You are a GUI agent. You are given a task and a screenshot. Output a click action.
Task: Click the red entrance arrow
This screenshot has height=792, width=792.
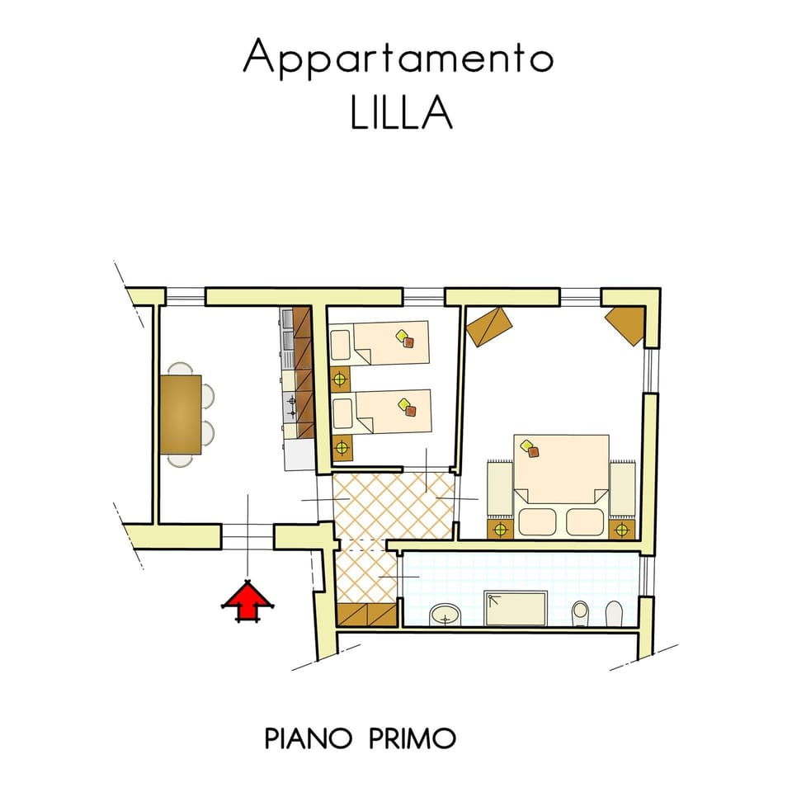point(247,601)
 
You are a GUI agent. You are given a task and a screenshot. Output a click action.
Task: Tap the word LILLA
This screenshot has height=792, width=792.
point(401,113)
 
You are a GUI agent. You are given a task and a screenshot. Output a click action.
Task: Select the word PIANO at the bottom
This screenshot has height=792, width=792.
point(308,738)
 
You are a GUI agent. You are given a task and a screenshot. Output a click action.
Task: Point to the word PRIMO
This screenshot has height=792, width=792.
point(412,738)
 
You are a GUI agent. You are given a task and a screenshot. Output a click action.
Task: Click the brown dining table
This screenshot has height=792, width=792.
point(181,414)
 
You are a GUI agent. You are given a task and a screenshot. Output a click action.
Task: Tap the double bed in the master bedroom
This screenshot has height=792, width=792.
point(561,485)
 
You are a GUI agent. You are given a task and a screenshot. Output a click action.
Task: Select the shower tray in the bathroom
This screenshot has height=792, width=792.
point(516,608)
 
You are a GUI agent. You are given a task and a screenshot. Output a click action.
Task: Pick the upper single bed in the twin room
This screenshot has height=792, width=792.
point(379,342)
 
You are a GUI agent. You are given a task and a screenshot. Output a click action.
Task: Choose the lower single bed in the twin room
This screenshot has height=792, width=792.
point(381,411)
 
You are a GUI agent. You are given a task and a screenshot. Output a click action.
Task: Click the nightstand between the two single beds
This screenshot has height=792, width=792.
point(341,378)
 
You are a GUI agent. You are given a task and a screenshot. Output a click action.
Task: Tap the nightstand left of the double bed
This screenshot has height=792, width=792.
point(500,530)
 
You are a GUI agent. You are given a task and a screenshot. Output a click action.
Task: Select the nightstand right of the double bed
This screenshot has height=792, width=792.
point(622,530)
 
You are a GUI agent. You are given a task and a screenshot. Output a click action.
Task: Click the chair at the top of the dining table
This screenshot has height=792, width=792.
point(181,368)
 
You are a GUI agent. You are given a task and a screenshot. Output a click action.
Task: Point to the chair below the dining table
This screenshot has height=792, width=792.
point(181,460)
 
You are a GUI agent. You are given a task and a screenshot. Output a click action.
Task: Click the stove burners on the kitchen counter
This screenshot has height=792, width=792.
point(290,407)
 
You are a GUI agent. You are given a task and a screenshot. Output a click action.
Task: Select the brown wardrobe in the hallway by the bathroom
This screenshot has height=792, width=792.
point(366,615)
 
